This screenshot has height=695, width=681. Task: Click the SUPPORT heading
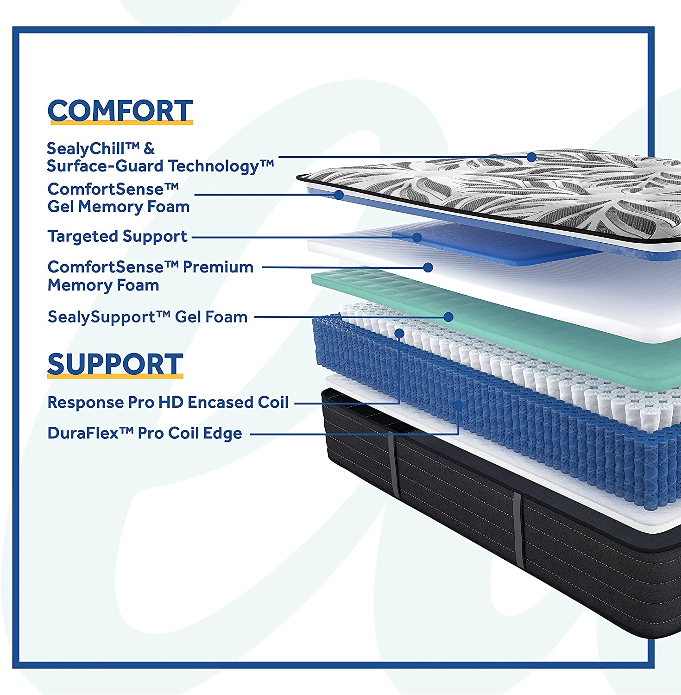point(115,364)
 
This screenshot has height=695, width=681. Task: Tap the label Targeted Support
point(117,236)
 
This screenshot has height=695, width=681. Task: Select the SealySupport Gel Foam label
point(147,317)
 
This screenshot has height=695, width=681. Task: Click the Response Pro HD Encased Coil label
point(168,402)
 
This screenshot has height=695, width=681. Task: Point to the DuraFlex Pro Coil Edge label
point(145,433)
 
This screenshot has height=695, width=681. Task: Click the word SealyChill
point(86,149)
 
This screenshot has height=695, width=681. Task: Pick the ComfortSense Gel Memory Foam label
point(118,198)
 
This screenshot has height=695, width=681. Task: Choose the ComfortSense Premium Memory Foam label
point(150,276)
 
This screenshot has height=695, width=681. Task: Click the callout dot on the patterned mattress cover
point(532,157)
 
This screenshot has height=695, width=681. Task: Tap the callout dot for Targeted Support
point(417,237)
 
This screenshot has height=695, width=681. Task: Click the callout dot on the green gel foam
point(448,317)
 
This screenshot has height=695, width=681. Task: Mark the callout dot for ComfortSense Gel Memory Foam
point(339,195)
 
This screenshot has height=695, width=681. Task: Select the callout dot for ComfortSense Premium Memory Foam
point(428,267)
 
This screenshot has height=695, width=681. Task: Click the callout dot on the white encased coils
point(399,333)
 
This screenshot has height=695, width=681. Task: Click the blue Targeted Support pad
point(491,246)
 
